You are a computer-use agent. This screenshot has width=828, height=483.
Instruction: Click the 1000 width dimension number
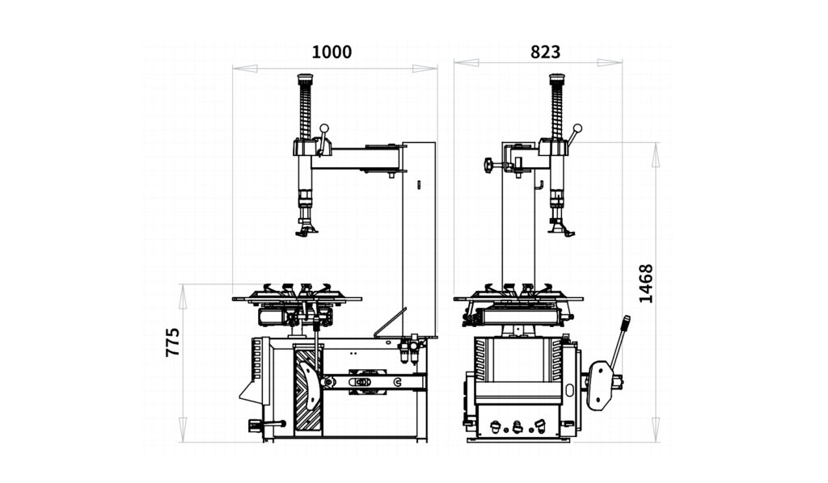[x=332, y=52]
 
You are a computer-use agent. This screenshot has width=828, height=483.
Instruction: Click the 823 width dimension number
[x=545, y=52]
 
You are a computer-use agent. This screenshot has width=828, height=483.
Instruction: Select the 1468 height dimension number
[x=645, y=283]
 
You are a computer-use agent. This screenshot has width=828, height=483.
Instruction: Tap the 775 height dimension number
[x=172, y=342]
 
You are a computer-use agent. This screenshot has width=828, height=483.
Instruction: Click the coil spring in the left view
[x=305, y=114]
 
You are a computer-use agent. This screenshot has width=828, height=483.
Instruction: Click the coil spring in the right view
[x=557, y=114]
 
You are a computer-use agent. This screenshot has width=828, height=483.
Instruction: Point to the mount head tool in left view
[x=306, y=229]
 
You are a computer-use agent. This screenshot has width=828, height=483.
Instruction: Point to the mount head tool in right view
[x=561, y=229]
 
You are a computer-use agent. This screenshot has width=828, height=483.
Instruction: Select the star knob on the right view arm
[x=488, y=166]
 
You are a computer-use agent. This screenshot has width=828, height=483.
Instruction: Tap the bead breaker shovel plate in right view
[x=599, y=385]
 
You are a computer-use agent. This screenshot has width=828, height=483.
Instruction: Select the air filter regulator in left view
[x=408, y=351]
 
